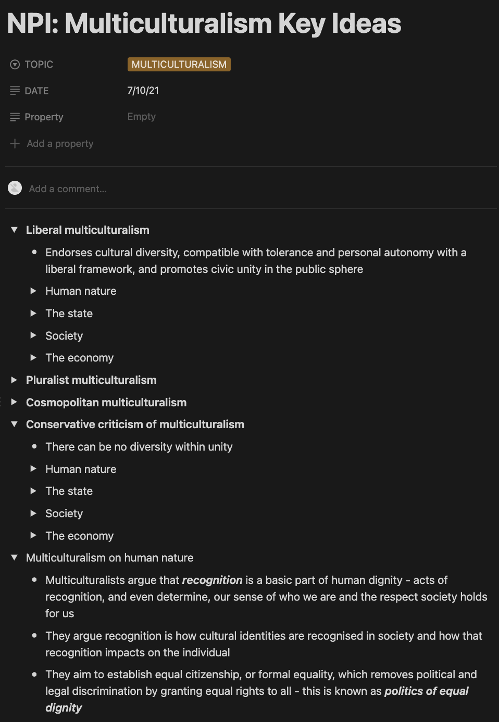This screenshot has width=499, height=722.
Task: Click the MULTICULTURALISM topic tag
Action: pos(179,64)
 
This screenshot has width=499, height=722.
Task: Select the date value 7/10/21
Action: pos(143,90)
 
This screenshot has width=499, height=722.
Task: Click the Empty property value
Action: pos(141,117)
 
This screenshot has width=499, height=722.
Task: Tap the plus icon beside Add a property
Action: pos(15,143)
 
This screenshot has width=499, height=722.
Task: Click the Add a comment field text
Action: pos(68,189)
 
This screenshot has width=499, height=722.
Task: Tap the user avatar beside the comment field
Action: pos(15,188)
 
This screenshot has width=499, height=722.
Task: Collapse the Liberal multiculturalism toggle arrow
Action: pos(15,230)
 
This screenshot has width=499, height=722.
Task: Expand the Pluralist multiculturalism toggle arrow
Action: pos(15,380)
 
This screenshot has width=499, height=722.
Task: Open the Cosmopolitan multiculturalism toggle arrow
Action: pos(15,402)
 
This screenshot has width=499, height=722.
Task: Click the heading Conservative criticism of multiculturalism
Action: pos(135,425)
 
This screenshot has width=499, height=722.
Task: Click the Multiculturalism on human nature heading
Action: pos(109,558)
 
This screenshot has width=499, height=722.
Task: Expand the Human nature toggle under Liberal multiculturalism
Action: pos(33,291)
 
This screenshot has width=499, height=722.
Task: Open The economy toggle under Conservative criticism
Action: pos(33,535)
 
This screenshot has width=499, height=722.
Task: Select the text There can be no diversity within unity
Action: pos(139,447)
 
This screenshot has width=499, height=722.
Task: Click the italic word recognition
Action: pos(212,580)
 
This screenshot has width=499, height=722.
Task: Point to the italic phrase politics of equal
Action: pos(426,691)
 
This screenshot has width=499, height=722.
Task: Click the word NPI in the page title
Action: pos(32,24)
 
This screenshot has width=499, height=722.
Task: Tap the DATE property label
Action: pos(36,91)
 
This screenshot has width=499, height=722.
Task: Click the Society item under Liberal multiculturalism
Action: pos(64,336)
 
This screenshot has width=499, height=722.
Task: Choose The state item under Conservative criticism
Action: pos(69,491)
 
